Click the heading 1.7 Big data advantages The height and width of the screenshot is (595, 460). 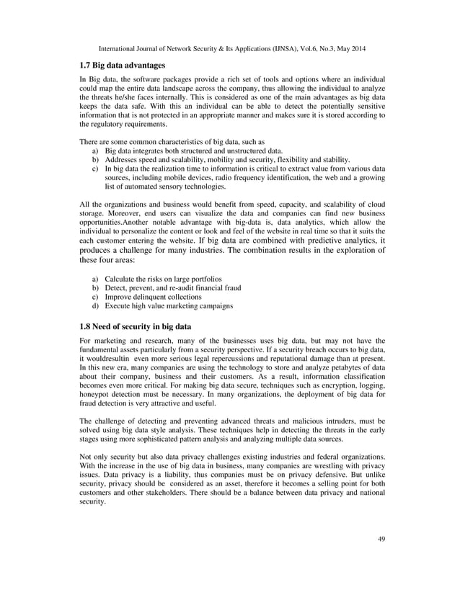pyautogui.click(x=122, y=66)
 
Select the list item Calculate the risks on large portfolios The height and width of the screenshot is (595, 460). pyautogui.click(x=163, y=278)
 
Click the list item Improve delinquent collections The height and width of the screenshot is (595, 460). pyautogui.click(x=153, y=297)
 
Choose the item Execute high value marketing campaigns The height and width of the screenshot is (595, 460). pyautogui.click(x=169, y=306)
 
